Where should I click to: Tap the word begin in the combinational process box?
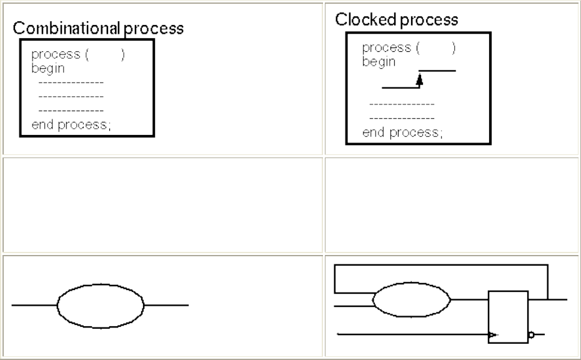pyautogui.click(x=48, y=68)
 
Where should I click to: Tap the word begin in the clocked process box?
pyautogui.click(x=379, y=61)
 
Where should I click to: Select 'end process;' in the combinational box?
pyautogui.click(x=71, y=124)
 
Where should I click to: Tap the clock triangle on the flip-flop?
pyautogui.click(x=493, y=335)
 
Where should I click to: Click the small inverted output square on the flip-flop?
pyautogui.click(x=530, y=335)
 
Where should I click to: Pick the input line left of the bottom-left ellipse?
pyautogui.click(x=34, y=305)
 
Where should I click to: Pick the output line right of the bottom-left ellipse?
pyautogui.click(x=166, y=305)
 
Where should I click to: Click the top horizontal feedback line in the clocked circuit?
pyautogui.click(x=440, y=265)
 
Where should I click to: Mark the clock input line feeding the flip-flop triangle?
pyautogui.click(x=412, y=334)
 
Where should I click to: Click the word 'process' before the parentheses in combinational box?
pyautogui.click(x=56, y=55)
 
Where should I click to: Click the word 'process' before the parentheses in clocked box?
pyautogui.click(x=387, y=47)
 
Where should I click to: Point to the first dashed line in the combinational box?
pyautogui.click(x=71, y=82)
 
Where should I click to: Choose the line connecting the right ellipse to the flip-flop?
pyautogui.click(x=470, y=299)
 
